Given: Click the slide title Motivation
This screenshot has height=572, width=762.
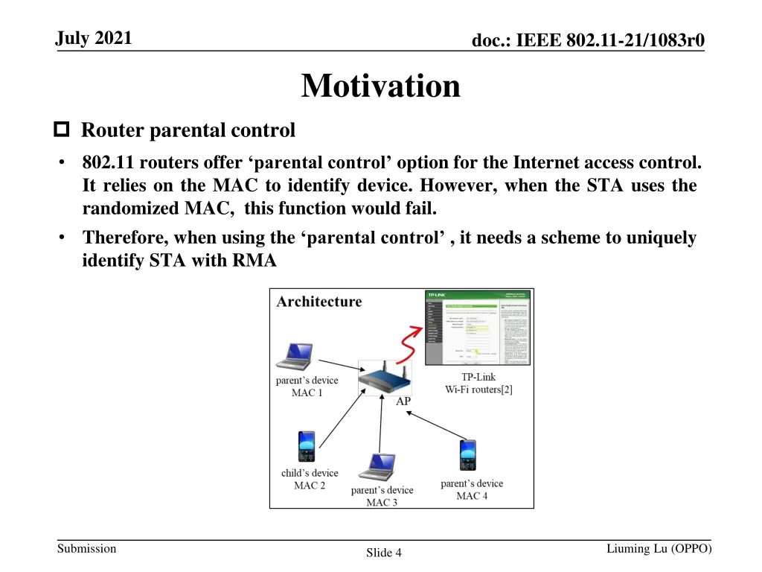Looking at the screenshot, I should click(380, 86).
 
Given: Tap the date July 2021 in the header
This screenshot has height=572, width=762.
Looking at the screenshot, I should click(94, 38).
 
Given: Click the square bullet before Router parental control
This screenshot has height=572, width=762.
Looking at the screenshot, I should click(62, 131).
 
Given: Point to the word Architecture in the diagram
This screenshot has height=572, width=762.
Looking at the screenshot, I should click(319, 302).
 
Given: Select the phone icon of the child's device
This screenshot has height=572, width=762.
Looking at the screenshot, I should click(307, 447).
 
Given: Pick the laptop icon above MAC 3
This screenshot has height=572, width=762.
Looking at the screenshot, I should click(377, 468).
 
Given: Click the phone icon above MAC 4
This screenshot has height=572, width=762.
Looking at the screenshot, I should click(467, 456).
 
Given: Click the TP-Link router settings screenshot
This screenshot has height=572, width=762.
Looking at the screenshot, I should click(477, 328).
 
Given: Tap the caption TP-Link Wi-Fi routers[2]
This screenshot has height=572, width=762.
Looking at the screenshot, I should click(478, 383).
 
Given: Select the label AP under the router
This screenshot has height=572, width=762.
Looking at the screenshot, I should click(403, 401).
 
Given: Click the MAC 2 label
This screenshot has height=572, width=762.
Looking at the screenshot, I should click(310, 486).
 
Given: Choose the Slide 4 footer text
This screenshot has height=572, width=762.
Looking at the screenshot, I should click(384, 553).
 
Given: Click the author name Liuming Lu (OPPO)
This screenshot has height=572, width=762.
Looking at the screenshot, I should click(659, 549).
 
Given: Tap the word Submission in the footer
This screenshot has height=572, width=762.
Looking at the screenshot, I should click(87, 549).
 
